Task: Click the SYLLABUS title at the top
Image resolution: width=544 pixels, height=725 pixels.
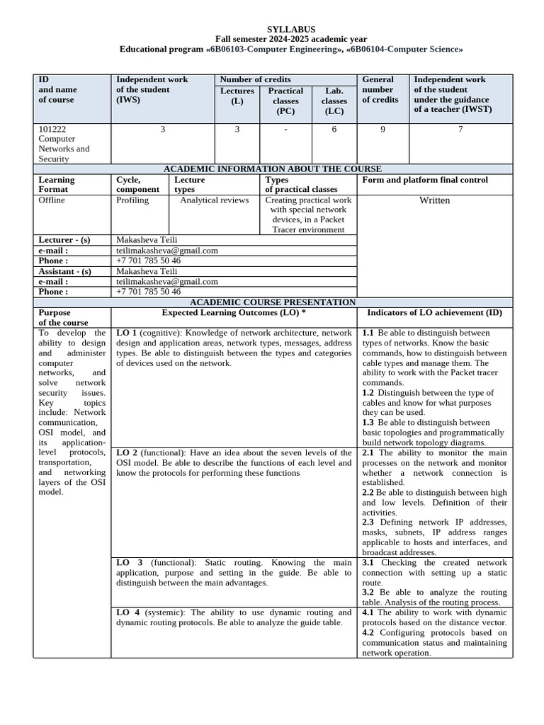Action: click(291, 29)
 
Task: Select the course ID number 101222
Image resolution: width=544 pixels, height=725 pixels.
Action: click(52, 130)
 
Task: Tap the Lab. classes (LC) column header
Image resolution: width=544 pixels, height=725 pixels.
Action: click(334, 101)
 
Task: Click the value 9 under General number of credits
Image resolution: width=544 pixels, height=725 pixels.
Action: click(383, 130)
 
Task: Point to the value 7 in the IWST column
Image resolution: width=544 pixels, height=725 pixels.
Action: click(460, 130)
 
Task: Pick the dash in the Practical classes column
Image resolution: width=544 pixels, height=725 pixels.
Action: click(285, 130)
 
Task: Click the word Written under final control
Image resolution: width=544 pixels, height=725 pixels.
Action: click(434, 200)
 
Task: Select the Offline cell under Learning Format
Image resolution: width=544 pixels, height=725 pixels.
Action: click(52, 200)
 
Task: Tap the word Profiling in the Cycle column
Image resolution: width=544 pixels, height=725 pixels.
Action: click(132, 200)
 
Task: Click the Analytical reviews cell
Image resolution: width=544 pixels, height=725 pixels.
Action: click(215, 200)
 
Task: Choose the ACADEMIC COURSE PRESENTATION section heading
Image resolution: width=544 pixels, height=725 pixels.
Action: click(273, 302)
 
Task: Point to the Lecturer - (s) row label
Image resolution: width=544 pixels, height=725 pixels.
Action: click(64, 240)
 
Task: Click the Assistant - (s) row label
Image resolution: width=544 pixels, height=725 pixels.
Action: click(64, 271)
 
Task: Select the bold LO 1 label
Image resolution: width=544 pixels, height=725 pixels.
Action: click(127, 333)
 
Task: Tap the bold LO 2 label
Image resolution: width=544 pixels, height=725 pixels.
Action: click(127, 452)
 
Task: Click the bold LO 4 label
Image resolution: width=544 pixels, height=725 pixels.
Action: click(127, 612)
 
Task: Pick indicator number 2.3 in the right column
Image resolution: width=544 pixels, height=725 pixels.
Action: click(368, 522)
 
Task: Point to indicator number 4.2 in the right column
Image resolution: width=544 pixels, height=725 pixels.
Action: click(368, 632)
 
